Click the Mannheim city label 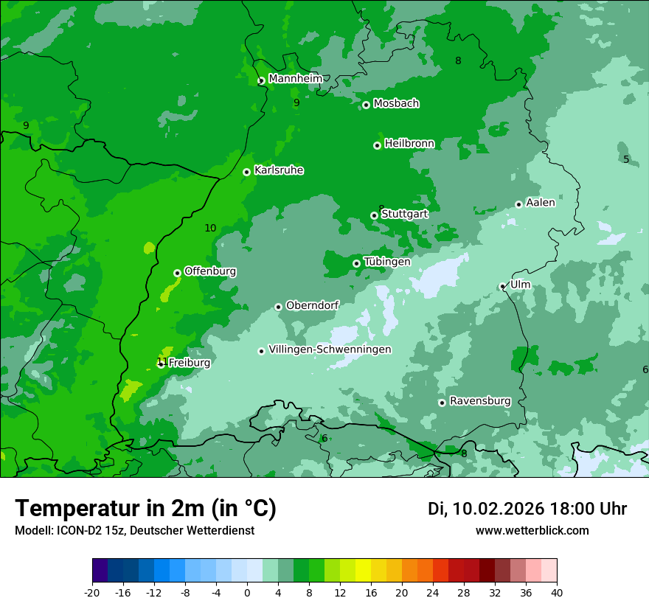click(x=295, y=79)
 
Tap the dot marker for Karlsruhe click(x=247, y=172)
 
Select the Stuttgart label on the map click(x=404, y=214)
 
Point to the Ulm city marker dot click(x=503, y=286)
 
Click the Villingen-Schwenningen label click(x=330, y=350)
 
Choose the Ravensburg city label click(x=480, y=401)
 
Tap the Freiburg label click(x=189, y=363)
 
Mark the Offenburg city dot click(x=177, y=273)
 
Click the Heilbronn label click(x=409, y=143)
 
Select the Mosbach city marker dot click(x=366, y=105)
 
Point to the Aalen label click(x=541, y=203)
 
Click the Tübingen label click(x=387, y=262)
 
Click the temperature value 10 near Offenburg click(x=210, y=228)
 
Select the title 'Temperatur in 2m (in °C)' click(x=146, y=509)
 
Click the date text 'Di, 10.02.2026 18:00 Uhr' click(x=527, y=509)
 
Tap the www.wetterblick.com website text click(x=532, y=531)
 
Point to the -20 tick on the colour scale click(x=92, y=592)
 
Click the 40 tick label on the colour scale click(x=557, y=592)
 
